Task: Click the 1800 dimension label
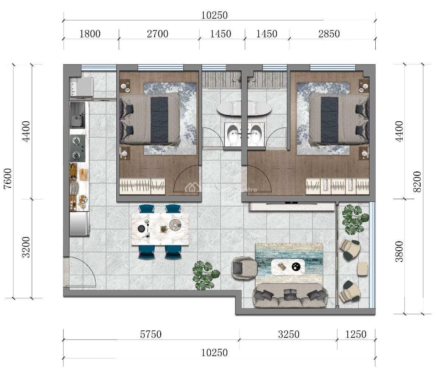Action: coord(90,34)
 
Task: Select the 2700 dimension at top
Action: coord(157,34)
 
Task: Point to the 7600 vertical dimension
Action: coord(8,178)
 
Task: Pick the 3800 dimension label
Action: coord(399,251)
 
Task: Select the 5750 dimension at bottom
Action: coord(151,334)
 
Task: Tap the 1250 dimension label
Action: coord(356,334)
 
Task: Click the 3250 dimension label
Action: coord(289,334)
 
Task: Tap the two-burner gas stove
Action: coord(78,148)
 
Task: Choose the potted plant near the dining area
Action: coord(203,274)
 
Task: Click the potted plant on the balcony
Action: coord(354,218)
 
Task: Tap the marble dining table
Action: coord(160,229)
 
